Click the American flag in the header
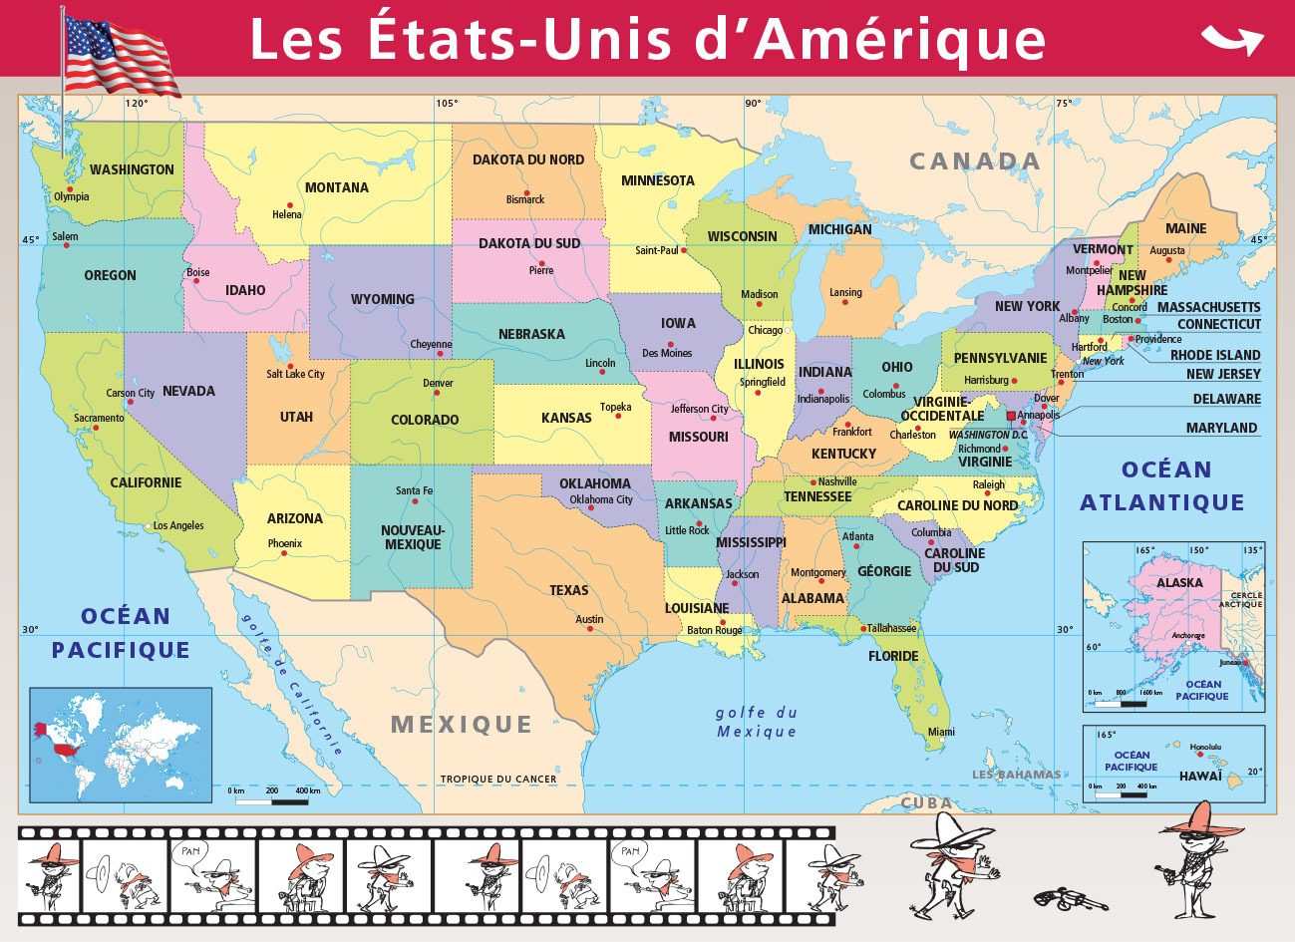(120, 55)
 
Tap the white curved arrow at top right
(1232, 40)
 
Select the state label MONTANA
(336, 187)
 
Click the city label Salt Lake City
(295, 374)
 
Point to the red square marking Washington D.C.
(1011, 416)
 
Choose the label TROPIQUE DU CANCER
(498, 780)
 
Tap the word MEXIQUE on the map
(462, 725)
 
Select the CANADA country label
(974, 161)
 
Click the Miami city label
(941, 732)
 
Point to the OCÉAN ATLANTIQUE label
(1163, 486)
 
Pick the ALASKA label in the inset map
(1179, 582)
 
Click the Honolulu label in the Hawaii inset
(1205, 747)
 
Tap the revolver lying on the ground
(1070, 898)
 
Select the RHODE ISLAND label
(1214, 355)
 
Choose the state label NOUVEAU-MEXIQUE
(413, 537)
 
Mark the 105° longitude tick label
(446, 103)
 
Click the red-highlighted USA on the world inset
(66, 748)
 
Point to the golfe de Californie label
(291, 682)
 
